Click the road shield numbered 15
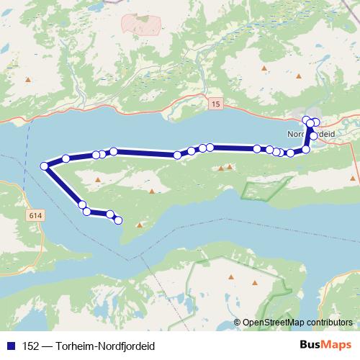click(216, 105)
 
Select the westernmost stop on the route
click(45, 166)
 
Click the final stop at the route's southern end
click(119, 220)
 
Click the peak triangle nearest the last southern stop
click(140, 225)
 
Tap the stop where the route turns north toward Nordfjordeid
click(306, 149)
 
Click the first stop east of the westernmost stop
click(66, 158)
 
